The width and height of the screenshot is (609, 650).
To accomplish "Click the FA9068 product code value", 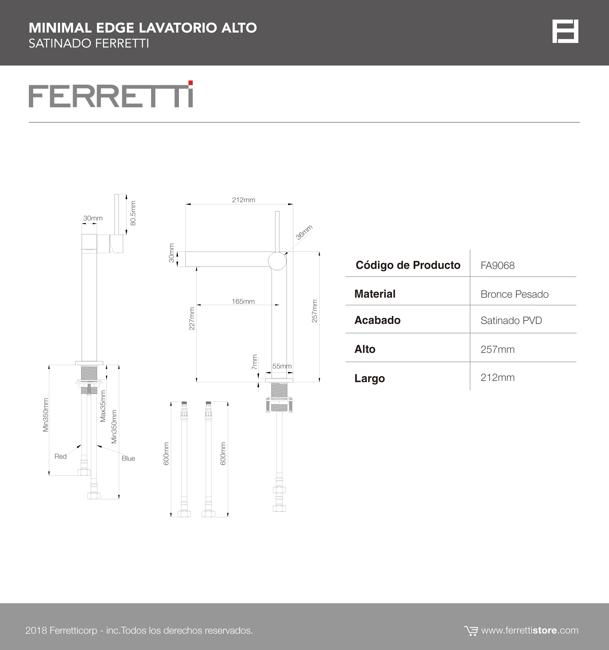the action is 497,266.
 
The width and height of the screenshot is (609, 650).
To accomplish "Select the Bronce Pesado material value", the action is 514,294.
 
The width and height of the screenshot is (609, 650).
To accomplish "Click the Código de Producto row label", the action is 408,265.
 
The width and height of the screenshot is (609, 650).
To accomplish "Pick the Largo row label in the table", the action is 370,379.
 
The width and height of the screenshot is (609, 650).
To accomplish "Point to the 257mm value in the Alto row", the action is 497,350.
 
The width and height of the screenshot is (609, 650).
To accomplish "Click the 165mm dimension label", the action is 243,301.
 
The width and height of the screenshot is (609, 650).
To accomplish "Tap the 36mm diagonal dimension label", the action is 304,232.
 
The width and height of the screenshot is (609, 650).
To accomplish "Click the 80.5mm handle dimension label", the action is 133,213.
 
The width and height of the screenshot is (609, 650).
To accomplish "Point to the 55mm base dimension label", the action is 282,366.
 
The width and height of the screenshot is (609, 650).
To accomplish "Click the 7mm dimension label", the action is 255,362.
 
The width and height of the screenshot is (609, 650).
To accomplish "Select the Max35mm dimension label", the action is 103,406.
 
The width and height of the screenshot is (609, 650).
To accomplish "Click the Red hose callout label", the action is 61,456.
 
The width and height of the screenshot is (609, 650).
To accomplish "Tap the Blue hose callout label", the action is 128,458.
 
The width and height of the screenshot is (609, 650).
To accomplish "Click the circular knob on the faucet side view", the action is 277,261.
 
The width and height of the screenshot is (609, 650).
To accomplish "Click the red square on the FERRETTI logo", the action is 190,83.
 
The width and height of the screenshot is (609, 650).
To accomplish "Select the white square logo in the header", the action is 565,31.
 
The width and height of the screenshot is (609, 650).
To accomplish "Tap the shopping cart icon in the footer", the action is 471,631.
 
